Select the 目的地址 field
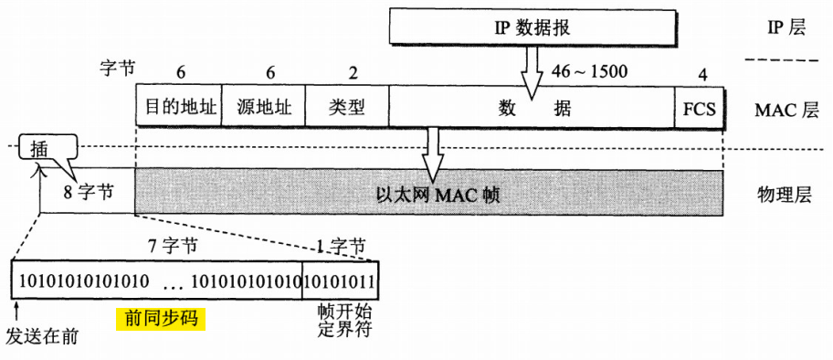coord(180,107)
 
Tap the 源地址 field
coord(263,107)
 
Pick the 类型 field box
coord(346,107)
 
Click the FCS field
coord(699,107)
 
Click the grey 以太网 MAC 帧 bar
coord(438,194)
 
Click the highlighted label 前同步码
coord(161,318)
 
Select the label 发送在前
coord(41,336)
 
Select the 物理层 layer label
coord(783,194)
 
